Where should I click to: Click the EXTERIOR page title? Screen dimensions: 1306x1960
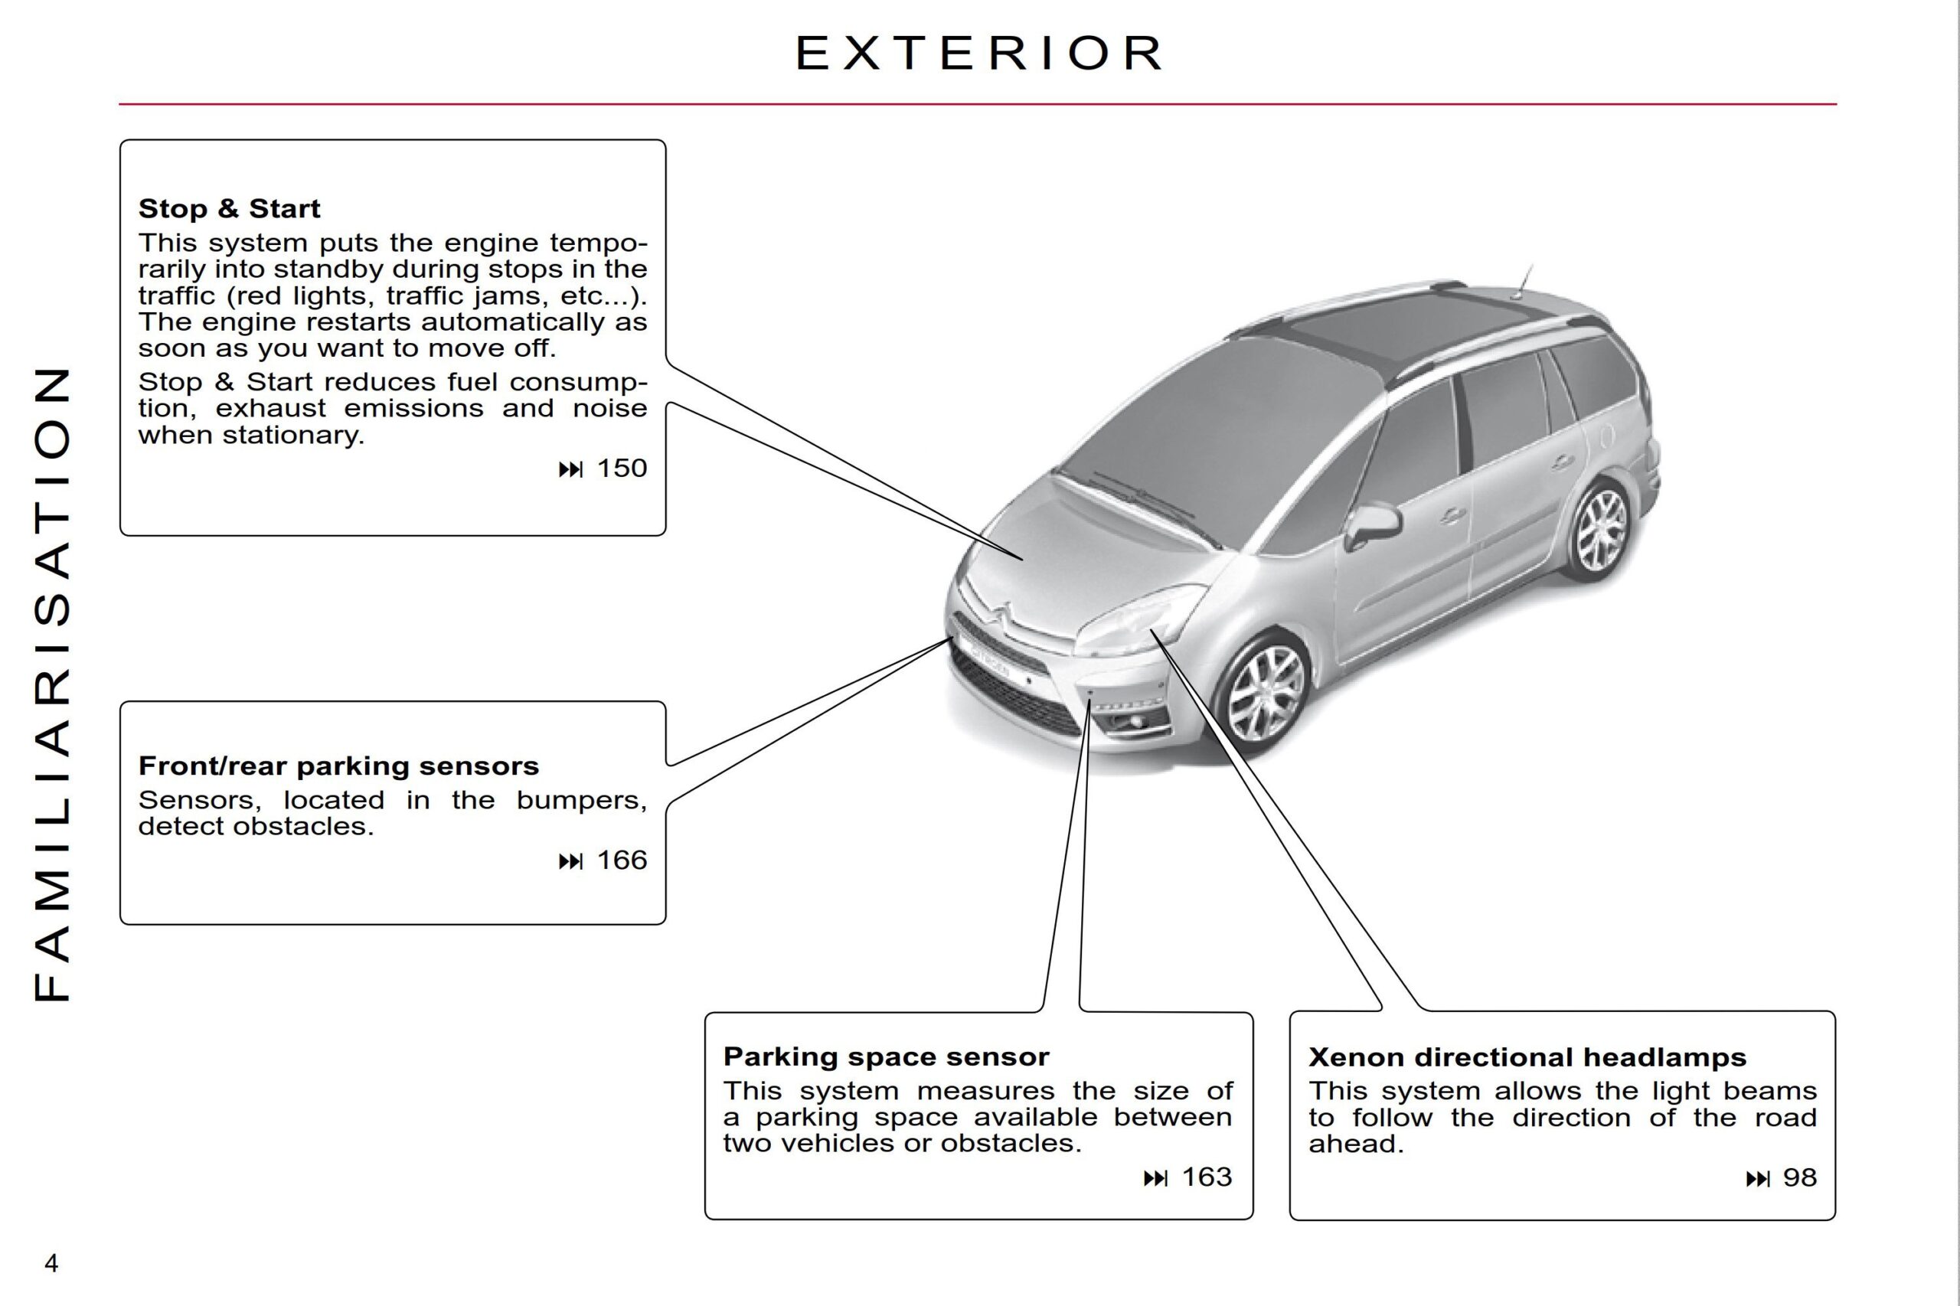pyautogui.click(x=978, y=54)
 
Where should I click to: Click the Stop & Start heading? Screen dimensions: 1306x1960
pyautogui.click(x=229, y=208)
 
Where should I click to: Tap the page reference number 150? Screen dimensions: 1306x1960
pyautogui.click(x=622, y=468)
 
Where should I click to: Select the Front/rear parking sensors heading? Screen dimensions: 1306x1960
pyautogui.click(x=338, y=766)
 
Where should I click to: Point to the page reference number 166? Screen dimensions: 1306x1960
pyautogui.click(x=622, y=860)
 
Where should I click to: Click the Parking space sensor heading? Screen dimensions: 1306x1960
pyautogui.click(x=886, y=1056)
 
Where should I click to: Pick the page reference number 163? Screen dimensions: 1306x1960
pyautogui.click(x=1206, y=1177)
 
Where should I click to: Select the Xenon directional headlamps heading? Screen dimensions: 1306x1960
pyautogui.click(x=1527, y=1057)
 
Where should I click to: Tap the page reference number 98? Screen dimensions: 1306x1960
pyautogui.click(x=1799, y=1177)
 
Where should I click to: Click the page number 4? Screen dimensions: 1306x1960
pyautogui.click(x=51, y=1264)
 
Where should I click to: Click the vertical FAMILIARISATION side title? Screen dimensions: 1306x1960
pyautogui.click(x=51, y=683)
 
